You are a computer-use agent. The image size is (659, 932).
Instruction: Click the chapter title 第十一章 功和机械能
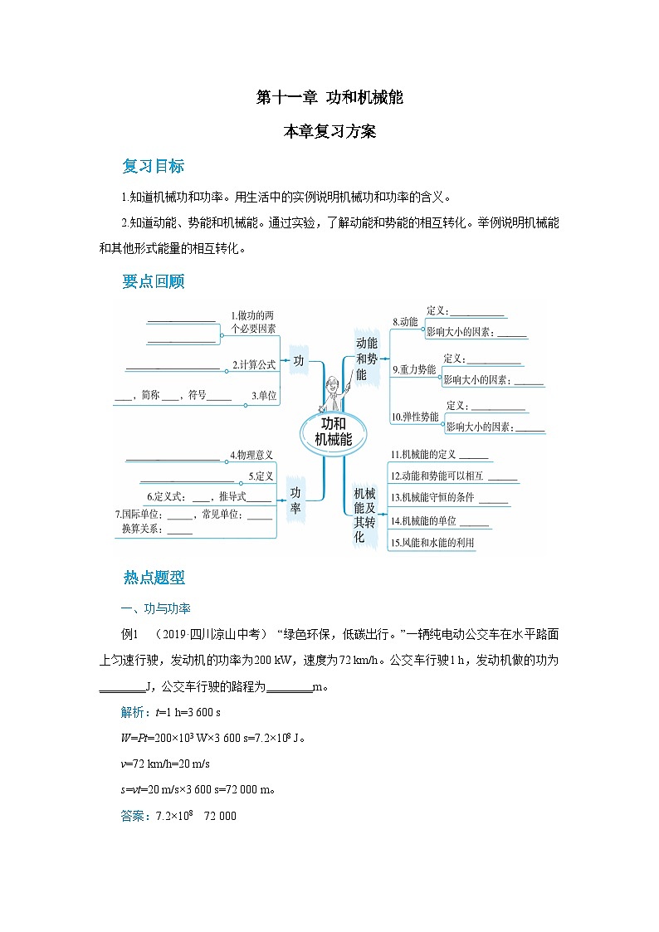tap(329, 97)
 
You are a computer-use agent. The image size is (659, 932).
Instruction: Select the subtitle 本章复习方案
tap(329, 131)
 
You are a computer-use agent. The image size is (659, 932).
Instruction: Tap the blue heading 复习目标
tap(153, 166)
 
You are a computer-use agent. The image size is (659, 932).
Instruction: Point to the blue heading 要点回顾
tap(153, 281)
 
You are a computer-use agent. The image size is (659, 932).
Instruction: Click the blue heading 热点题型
tap(153, 578)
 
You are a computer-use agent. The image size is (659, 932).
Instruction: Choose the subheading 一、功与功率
tap(156, 608)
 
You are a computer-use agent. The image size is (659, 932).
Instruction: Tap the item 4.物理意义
tap(251, 455)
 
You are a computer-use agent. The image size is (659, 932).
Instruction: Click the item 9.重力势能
tap(414, 369)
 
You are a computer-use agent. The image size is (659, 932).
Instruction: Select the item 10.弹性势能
tap(415, 417)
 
